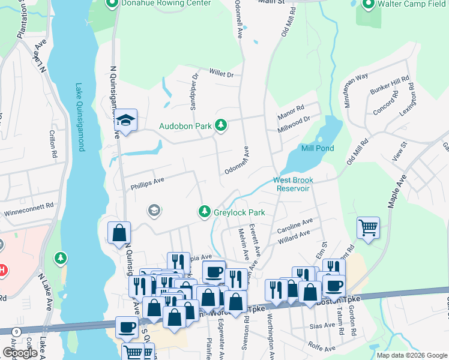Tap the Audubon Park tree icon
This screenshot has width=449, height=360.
click(221, 125)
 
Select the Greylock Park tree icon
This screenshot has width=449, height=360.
click(205, 212)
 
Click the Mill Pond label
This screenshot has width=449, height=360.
click(317, 148)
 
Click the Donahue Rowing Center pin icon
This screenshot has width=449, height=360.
click(111, 4)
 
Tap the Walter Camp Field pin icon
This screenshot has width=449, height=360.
click(368, 4)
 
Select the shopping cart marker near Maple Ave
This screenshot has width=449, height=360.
click(368, 227)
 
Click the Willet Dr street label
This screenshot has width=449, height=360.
click(220, 73)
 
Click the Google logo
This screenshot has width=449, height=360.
click(20, 353)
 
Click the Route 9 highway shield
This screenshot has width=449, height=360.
click(16, 331)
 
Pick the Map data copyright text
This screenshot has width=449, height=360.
click(412, 355)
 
